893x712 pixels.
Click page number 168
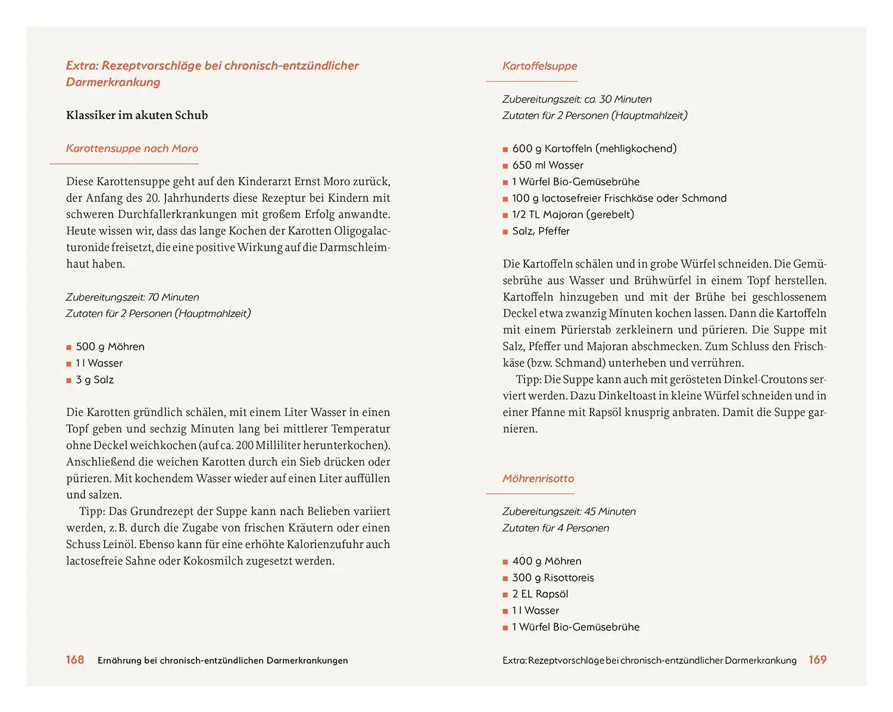[75, 660]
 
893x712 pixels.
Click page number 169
[817, 660]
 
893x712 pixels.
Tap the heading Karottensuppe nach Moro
[132, 148]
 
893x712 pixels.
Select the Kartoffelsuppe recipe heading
[539, 66]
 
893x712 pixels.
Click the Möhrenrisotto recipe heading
[538, 478]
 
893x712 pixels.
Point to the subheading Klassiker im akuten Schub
[137, 115]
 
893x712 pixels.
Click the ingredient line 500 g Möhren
[110, 347]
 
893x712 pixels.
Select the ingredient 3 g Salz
[95, 380]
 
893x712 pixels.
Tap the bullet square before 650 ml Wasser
[505, 166]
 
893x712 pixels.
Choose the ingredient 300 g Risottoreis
[552, 577]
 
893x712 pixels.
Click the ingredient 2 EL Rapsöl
[540, 594]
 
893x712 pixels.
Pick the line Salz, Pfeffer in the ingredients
[541, 231]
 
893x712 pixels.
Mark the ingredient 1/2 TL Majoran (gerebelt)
[573, 214]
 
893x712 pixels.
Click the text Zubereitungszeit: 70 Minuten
[132, 297]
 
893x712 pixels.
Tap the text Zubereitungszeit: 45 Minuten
[569, 511]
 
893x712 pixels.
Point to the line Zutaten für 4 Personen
[555, 528]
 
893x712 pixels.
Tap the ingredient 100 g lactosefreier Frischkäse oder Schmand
[619, 198]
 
